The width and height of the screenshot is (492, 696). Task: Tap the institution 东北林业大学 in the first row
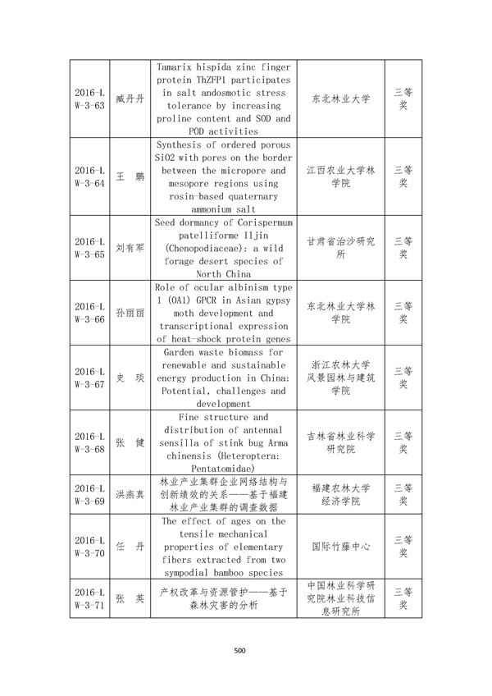point(340,99)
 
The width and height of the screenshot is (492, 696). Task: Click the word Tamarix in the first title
point(184,66)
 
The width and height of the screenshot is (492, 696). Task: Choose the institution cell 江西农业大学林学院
point(340,177)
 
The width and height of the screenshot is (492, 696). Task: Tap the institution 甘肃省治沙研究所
point(340,248)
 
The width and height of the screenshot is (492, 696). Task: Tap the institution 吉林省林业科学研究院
point(340,442)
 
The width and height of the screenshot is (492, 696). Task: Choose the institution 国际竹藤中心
point(340,547)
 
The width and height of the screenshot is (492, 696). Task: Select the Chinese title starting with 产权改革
point(223,598)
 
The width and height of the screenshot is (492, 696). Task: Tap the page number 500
point(239,652)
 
